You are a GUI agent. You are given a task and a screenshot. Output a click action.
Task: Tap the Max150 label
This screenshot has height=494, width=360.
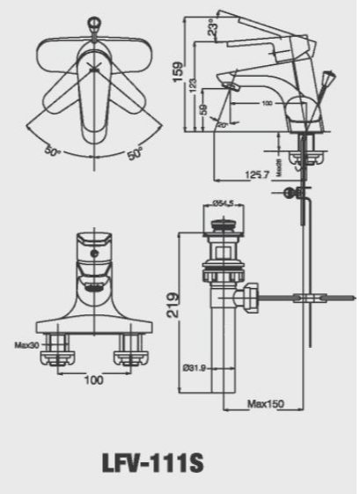pos(264,404)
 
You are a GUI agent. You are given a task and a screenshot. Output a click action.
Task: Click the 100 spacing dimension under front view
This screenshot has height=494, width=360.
pos(94,380)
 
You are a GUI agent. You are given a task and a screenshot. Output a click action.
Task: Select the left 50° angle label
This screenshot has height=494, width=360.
pos(53,151)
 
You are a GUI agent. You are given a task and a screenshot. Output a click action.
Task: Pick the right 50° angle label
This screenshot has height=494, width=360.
pos(134,154)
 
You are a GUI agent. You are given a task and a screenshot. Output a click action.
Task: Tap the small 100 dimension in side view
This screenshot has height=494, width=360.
pos(266,104)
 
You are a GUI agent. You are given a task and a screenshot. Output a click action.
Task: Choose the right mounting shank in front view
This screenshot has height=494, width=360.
pos(131,352)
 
